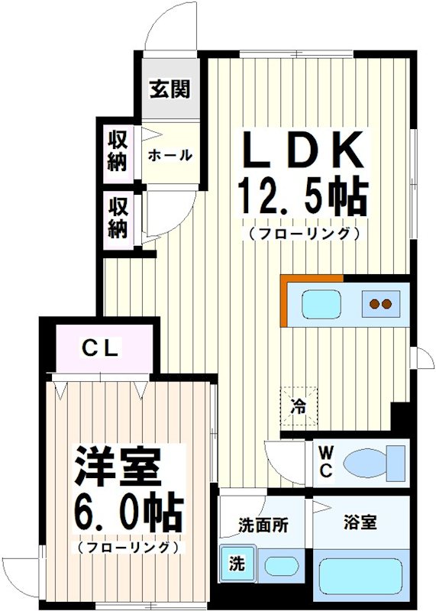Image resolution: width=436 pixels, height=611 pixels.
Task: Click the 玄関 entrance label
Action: point(170,89)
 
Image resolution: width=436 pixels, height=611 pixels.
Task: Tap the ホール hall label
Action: point(170,155)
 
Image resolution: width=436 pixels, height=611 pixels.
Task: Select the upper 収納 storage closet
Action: point(117,150)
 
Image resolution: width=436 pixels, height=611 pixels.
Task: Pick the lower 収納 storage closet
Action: point(117,217)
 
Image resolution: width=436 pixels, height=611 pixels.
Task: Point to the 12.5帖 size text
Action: point(303,197)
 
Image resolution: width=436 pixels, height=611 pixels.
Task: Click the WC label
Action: point(325,463)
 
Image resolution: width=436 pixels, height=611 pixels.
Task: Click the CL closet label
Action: point(101,350)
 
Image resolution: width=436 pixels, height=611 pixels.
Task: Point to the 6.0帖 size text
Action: point(128,514)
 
